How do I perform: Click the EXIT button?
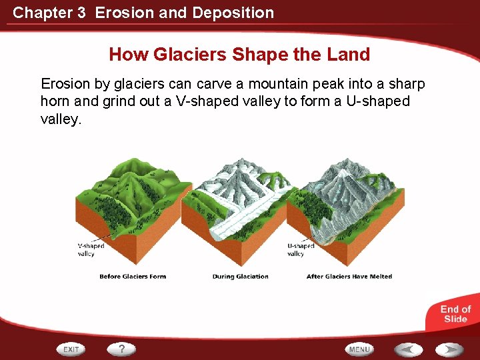point(72,349)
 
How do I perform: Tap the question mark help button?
point(122,349)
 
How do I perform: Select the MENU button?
point(359,349)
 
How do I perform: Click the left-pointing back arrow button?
point(407,349)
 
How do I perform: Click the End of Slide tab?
point(455,314)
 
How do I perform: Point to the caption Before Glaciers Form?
point(133,277)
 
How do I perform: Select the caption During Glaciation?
point(240,277)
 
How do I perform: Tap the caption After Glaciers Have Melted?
point(349,277)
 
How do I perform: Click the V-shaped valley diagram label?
point(90,250)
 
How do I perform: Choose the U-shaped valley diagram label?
point(300,250)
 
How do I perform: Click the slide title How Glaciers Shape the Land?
point(239,54)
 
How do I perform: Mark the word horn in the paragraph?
point(55,101)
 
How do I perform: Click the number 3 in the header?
point(81,12)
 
